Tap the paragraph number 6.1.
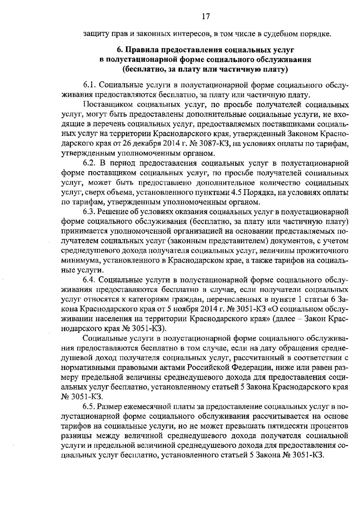[89, 85]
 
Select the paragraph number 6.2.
[89, 163]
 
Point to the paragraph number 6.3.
[89, 212]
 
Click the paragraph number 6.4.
[89, 280]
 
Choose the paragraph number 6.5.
[89, 406]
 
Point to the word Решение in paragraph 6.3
[113, 212]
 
